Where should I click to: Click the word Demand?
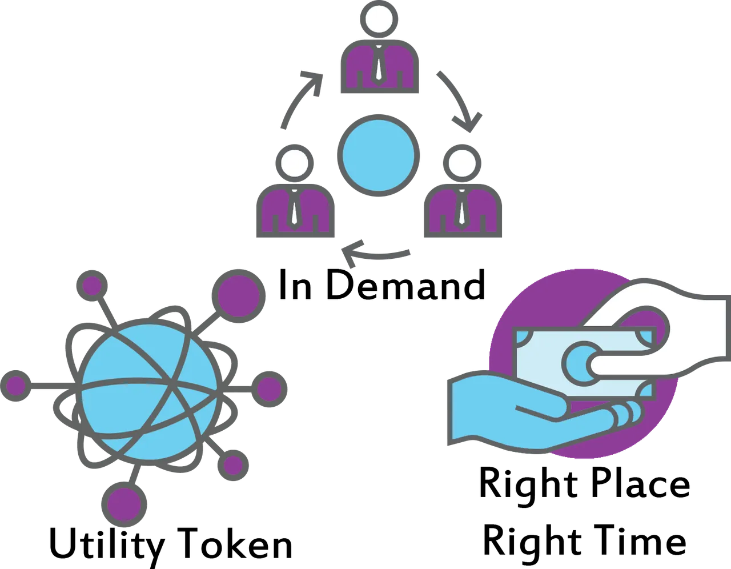405,285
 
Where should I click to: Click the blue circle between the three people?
379,155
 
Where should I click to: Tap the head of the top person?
379,19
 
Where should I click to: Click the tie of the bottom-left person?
295,210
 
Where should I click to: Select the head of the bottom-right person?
462,163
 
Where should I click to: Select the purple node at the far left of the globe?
15,386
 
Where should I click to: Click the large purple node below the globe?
124,504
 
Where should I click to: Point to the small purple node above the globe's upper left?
92,286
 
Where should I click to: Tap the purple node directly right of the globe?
269,389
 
